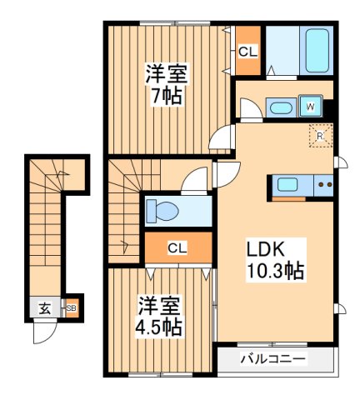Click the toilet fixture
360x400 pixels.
pyautogui.click(x=161, y=210)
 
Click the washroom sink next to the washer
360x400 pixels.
pyautogui.click(x=282, y=107)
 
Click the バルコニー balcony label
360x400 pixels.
pyautogui.click(x=273, y=359)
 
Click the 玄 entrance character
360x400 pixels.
pyautogui.click(x=44, y=308)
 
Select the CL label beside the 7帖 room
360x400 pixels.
pyautogui.click(x=247, y=52)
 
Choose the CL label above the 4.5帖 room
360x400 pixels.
pyautogui.click(x=177, y=247)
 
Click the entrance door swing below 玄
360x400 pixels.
pyautogui.click(x=43, y=332)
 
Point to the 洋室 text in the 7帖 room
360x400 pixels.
pyautogui.click(x=162, y=72)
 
